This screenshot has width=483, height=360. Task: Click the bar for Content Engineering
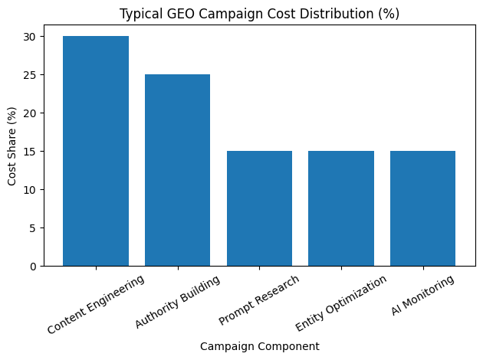[96, 151]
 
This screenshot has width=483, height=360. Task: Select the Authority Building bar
[177, 170]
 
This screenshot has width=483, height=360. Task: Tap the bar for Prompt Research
[259, 208]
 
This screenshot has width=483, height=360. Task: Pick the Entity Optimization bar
[341, 208]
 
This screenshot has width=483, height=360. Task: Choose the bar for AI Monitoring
[422, 208]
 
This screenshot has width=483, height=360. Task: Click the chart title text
[259, 13]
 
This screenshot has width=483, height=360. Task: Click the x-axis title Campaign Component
[259, 346]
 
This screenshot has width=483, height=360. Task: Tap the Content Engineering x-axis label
[96, 304]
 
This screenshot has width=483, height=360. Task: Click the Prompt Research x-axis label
[259, 299]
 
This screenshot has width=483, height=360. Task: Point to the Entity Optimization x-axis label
[341, 305]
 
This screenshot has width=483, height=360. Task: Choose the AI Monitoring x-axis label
[422, 297]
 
